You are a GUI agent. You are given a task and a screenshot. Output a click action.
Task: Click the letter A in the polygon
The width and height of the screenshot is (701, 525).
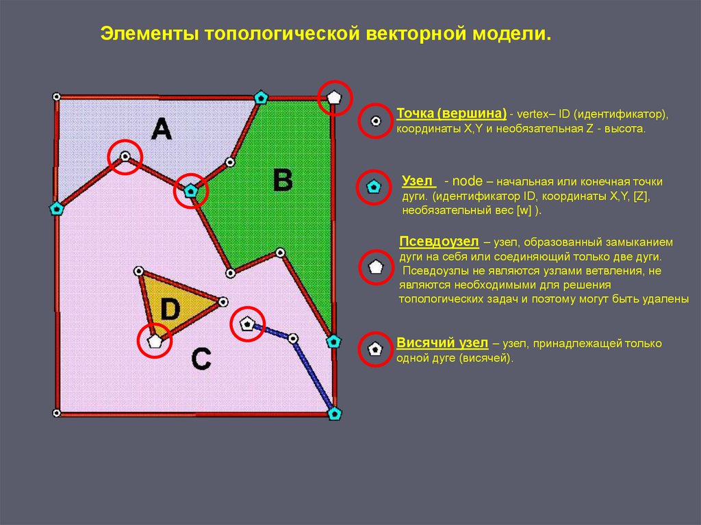tap(161, 128)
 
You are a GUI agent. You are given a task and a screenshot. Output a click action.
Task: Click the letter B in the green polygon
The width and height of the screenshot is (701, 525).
tap(282, 181)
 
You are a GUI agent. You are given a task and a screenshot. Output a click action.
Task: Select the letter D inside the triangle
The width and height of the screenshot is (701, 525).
tap(170, 309)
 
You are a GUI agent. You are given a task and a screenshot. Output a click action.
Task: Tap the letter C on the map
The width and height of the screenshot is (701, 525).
tap(201, 358)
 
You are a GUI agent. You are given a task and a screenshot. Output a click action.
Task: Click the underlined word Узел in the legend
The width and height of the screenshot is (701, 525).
tap(418, 181)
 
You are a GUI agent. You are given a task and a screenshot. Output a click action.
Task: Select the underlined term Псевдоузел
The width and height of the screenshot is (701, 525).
tap(439, 242)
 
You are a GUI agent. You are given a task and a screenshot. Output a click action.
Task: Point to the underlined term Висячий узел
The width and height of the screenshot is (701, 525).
tap(442, 343)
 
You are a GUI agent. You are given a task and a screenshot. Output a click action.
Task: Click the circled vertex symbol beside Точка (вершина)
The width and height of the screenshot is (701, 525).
tap(375, 121)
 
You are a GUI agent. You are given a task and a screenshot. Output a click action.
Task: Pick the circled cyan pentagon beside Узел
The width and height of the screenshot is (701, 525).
tap(374, 186)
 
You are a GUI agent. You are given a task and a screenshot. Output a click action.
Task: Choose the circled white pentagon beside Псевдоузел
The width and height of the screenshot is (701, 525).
tap(375, 267)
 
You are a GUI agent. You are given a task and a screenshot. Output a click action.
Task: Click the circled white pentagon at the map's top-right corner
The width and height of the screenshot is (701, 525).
tap(333, 97)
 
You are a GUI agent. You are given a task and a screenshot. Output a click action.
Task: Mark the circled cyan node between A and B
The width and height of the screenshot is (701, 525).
tap(191, 193)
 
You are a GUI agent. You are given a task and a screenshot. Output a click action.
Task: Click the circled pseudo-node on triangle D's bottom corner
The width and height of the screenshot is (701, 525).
tap(155, 340)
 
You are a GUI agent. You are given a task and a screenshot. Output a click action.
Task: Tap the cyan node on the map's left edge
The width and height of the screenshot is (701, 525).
tap(57, 208)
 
